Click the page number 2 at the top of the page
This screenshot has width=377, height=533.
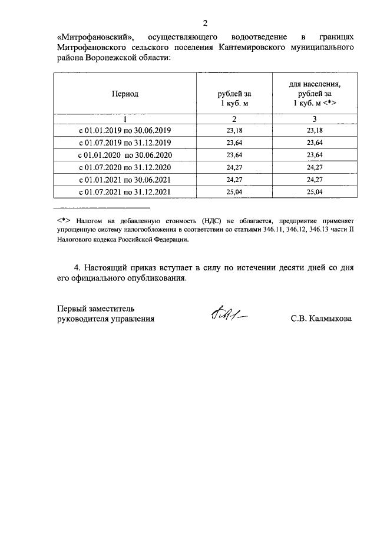pos(205,24)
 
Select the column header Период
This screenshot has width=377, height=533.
pos(124,94)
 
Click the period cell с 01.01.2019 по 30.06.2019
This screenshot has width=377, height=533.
pos(124,130)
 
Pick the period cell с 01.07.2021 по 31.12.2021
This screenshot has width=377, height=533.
pos(124,192)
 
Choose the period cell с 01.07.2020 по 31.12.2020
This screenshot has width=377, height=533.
pos(124,167)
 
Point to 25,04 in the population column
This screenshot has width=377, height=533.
pos(315,192)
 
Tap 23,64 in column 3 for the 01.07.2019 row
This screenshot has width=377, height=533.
pos(315,143)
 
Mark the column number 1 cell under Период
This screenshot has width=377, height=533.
pos(124,119)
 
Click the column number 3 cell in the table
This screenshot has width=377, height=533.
pos(315,119)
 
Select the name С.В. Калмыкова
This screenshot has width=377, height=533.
pos(321,319)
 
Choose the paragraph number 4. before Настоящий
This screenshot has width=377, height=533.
pos(77,267)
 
